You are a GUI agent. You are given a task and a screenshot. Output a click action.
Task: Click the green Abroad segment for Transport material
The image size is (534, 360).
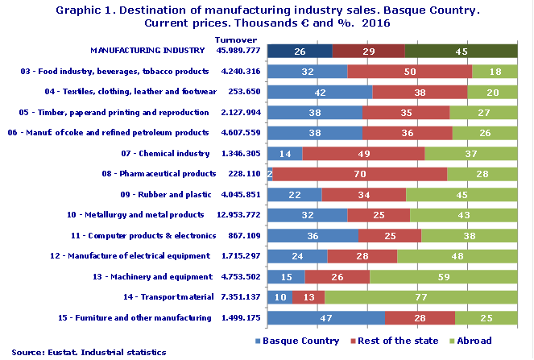[x=420, y=297]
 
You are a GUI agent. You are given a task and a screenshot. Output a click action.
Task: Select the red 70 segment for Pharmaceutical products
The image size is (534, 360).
[x=360, y=173]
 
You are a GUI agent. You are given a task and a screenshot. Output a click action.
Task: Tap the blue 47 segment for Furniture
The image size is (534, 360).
[x=325, y=317]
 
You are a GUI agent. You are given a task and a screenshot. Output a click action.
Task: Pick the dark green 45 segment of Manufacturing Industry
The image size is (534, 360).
[x=461, y=51]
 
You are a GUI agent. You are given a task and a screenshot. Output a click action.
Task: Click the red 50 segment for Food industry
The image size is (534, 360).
[x=409, y=71]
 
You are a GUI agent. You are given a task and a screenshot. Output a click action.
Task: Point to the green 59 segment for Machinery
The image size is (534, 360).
[x=443, y=276]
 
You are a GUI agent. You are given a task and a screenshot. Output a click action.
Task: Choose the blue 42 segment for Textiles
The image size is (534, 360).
[x=319, y=92]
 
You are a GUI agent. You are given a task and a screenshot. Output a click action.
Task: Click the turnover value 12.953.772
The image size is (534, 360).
[x=238, y=214]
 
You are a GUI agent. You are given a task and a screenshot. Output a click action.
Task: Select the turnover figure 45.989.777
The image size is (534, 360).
[x=238, y=50]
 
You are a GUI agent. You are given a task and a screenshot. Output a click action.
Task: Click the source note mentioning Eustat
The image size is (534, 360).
[x=89, y=352]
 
